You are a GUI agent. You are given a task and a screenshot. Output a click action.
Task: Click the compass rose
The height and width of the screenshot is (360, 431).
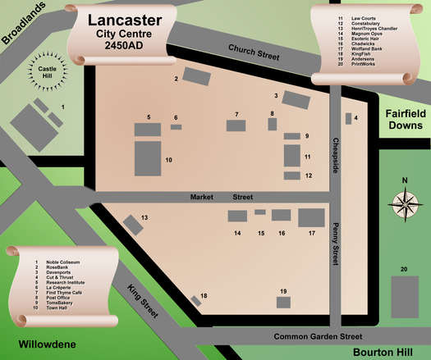point(403,202)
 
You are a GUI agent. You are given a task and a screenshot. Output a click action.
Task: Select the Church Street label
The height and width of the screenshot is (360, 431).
point(254,52)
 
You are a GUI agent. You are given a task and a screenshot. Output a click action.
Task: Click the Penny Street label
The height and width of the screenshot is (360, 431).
point(335,244)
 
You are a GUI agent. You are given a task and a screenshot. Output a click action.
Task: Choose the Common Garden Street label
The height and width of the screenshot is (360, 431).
point(318,336)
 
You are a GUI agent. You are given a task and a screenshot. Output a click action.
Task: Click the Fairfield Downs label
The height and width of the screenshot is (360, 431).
point(404,120)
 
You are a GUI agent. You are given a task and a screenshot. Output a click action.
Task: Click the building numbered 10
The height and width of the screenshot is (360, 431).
point(149,156)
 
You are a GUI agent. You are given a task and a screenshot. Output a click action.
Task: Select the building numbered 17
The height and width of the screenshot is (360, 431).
point(312,218)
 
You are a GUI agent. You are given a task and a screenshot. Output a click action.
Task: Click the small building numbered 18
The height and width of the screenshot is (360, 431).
point(196,302)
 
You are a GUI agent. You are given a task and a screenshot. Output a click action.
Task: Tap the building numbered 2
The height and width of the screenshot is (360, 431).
point(197,76)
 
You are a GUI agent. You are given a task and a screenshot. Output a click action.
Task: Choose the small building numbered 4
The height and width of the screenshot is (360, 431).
point(348,118)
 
